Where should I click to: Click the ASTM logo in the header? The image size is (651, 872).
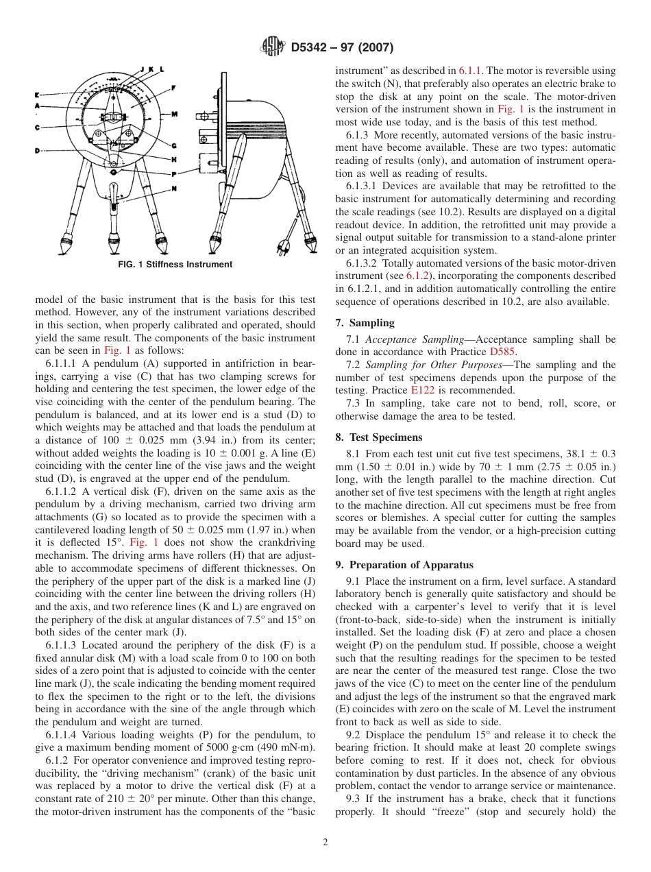click(273, 47)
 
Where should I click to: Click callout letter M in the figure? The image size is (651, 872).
click(174, 114)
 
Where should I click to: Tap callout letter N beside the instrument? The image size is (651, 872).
click(174, 189)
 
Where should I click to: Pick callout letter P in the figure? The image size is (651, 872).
click(174, 174)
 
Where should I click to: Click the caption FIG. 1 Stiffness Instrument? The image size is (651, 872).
click(175, 265)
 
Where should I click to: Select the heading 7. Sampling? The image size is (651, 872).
click(365, 322)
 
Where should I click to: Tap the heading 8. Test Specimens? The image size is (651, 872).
click(379, 437)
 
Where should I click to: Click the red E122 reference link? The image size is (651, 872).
click(482, 390)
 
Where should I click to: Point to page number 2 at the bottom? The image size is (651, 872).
click(325, 843)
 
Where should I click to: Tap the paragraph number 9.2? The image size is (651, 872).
click(354, 735)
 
